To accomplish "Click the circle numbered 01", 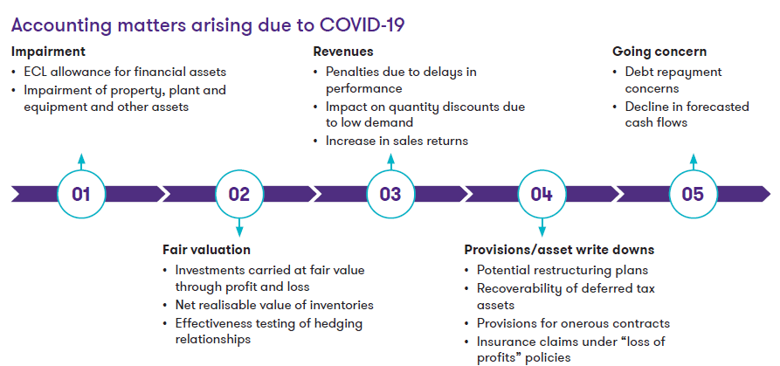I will point(81,193).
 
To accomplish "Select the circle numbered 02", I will point(238,193).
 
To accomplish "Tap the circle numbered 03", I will point(390,193).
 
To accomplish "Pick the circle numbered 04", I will point(542,193).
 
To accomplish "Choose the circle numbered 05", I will point(693,193).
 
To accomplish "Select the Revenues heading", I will point(343,52).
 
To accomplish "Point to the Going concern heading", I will point(659,52).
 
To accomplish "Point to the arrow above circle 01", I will point(81,162).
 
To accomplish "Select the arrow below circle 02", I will point(238,227).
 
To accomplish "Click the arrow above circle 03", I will point(390,162).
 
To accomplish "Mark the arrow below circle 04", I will point(542,227).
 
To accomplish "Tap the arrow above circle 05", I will point(693,162).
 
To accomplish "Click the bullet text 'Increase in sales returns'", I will point(397,141).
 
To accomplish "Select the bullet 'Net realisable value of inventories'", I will point(274,305).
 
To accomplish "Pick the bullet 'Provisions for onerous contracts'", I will point(573,323).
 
